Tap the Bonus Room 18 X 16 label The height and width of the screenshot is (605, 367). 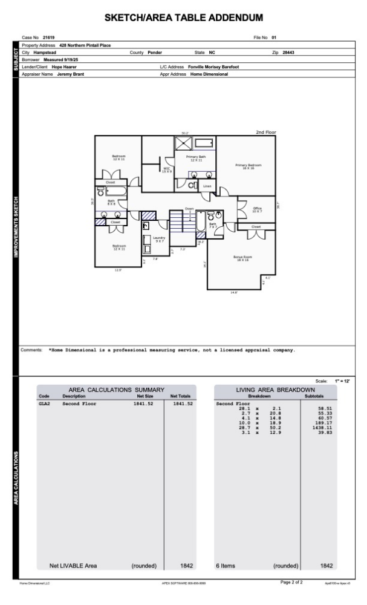click(x=242, y=258)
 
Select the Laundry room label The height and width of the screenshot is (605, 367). click(x=159, y=239)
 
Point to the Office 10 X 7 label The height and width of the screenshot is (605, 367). click(x=257, y=209)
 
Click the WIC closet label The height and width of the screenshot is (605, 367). click(x=167, y=170)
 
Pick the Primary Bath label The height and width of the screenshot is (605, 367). click(x=195, y=158)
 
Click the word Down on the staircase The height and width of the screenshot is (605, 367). click(x=189, y=208)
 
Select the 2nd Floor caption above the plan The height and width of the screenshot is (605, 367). click(x=266, y=131)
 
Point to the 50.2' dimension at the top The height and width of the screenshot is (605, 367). click(x=185, y=132)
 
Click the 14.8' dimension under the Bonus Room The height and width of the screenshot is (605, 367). click(x=234, y=292)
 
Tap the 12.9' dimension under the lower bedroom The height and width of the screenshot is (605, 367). click(x=119, y=270)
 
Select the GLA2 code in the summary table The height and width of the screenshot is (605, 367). click(x=44, y=403)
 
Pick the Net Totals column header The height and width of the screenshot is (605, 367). click(x=181, y=396)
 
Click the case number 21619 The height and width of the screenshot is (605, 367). click(x=49, y=38)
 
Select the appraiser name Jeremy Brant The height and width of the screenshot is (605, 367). click(x=72, y=74)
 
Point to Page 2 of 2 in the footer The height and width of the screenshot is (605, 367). click(x=291, y=581)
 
